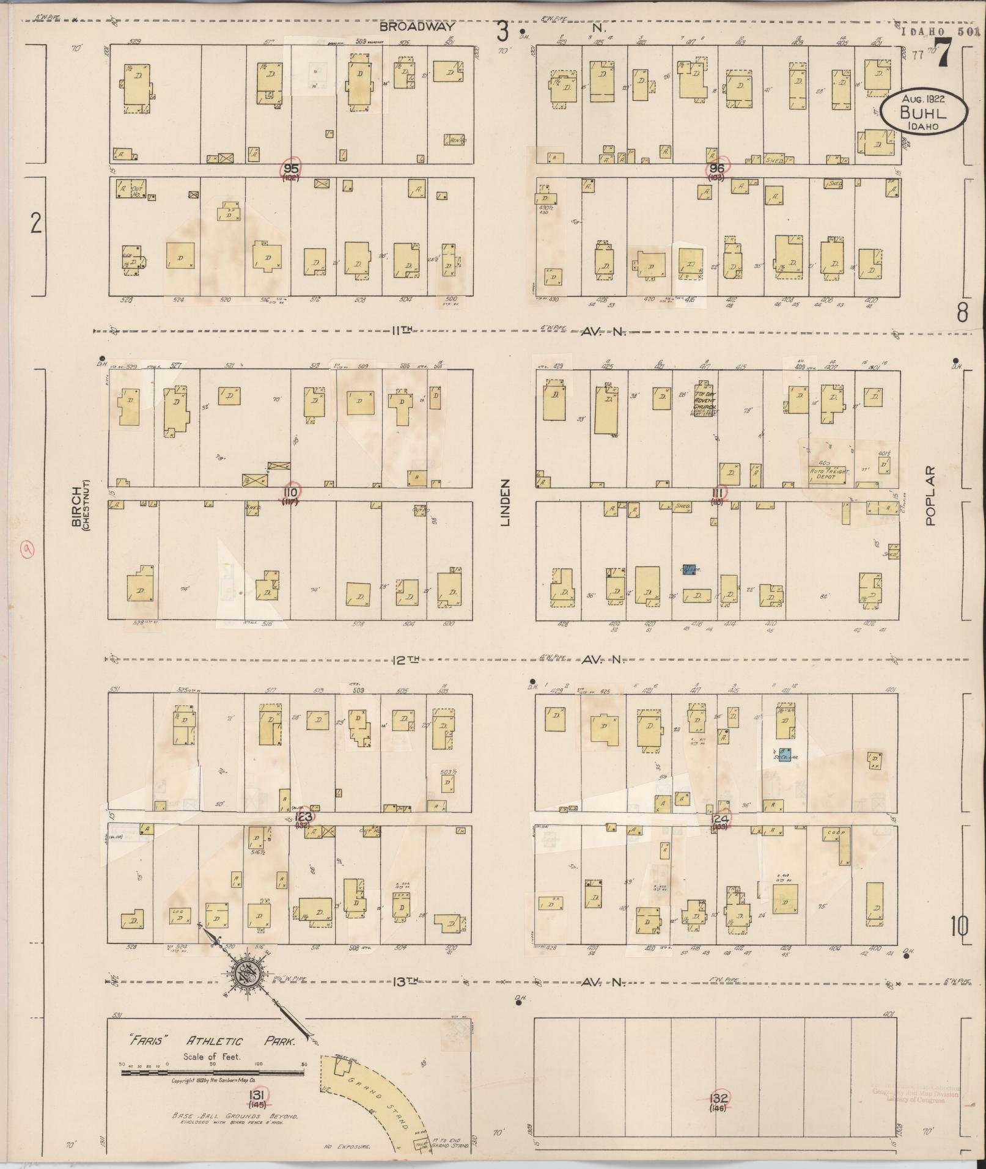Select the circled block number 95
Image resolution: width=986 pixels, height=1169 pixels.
tap(290, 168)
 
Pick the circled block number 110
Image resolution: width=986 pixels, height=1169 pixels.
tap(291, 492)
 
